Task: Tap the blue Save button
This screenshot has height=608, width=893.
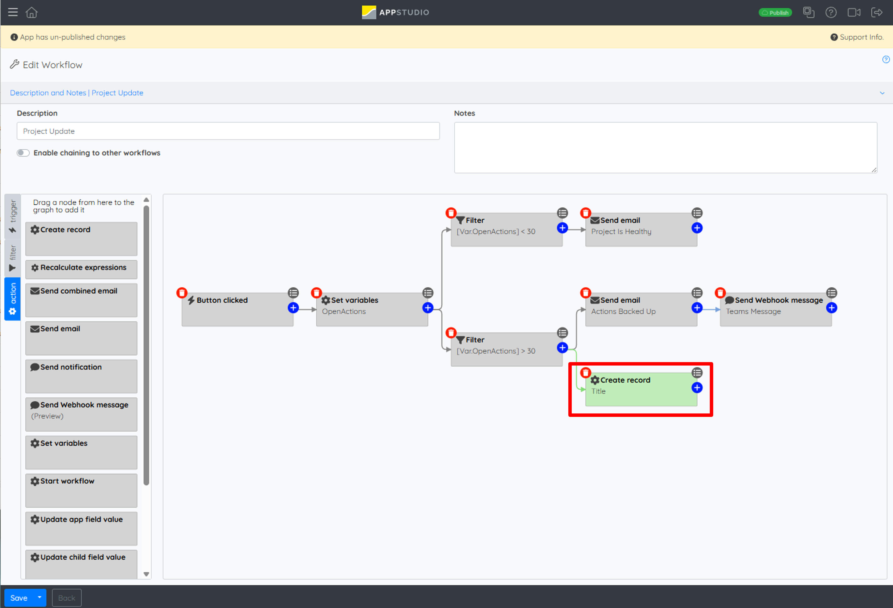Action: pos(19,598)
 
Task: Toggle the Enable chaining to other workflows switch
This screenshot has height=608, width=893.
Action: pos(23,153)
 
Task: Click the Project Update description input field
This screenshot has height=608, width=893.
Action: pos(228,131)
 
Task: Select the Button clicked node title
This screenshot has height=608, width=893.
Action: pos(222,300)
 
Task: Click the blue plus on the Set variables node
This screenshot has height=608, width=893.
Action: pos(428,308)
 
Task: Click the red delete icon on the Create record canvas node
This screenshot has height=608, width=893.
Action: pos(585,372)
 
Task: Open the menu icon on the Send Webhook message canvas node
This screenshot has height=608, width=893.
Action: pos(832,293)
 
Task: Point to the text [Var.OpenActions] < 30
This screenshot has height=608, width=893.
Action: pos(496,232)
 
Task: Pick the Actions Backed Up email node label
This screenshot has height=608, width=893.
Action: pos(623,311)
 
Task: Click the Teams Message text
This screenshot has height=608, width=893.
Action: pos(753,311)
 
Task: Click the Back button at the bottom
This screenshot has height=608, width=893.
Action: pos(67,598)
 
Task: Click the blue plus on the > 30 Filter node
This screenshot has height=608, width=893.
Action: pos(562,348)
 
